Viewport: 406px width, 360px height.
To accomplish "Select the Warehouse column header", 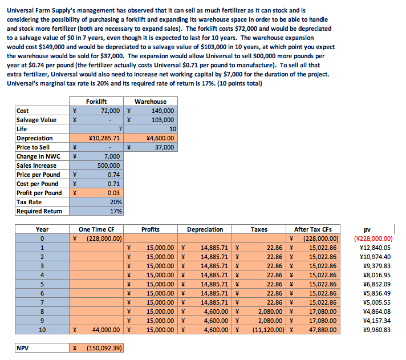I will tap(151, 102).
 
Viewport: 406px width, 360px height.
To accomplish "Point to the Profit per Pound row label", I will tap(38, 193).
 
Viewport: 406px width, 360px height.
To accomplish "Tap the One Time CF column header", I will tap(96, 229).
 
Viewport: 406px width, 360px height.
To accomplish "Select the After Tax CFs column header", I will tap(312, 229).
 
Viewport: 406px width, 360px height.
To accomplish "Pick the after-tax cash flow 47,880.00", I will tap(322, 330).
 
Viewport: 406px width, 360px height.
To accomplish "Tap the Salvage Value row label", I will tap(36, 120).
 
